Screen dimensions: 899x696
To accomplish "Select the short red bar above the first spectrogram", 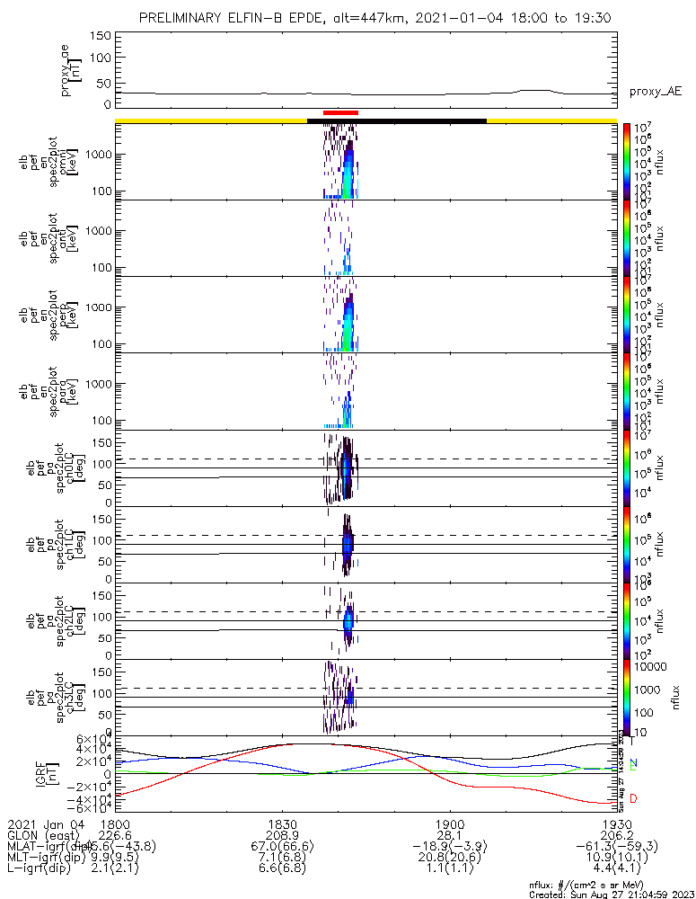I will point(340,112).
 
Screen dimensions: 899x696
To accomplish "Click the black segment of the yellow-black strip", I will point(396,120).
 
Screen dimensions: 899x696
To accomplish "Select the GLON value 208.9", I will point(282,835).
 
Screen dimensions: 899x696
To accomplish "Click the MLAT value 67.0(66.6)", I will point(282,847).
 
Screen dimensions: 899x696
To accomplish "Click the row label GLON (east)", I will point(42,835).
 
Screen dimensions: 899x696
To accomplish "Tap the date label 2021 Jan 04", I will point(44,823).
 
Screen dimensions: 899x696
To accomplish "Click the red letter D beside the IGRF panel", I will point(634,798).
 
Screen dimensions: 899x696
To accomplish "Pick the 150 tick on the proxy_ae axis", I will point(100,36).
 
